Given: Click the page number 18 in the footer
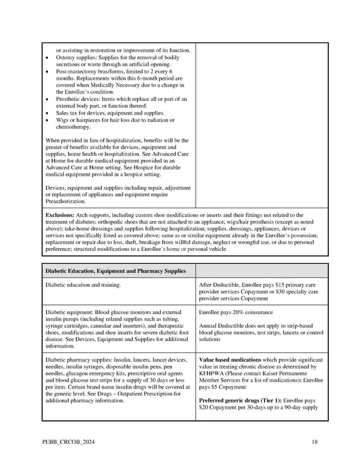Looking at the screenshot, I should point(314,443).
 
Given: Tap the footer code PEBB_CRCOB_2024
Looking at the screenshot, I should point(66,443).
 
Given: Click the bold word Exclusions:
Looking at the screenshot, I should point(59,214).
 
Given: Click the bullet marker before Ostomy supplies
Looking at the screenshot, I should point(47,57).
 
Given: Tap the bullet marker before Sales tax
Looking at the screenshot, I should point(47,113).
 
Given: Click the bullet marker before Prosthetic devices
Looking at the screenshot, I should point(47,99).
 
